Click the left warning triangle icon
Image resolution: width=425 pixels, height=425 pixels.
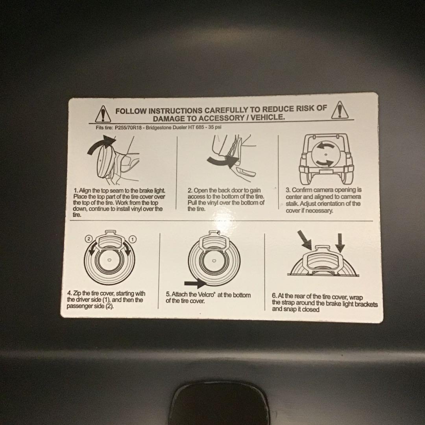[x=103, y=114]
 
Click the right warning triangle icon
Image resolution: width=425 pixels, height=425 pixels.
[x=340, y=110]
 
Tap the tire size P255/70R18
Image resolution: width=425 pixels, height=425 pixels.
[x=128, y=128]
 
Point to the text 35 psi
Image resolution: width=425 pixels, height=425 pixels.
[x=215, y=127]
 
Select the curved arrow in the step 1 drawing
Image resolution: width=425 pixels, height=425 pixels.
[x=101, y=144]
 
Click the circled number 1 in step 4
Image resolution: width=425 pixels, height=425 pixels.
[x=133, y=239]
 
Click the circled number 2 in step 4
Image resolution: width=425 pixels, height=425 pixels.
[x=89, y=238]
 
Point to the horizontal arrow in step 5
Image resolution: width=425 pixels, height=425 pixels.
[x=196, y=283]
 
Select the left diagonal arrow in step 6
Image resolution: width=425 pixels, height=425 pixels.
[x=305, y=240]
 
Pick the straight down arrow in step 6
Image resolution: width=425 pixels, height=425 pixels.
[x=340, y=243]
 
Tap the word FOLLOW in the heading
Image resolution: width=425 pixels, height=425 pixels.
[x=131, y=111]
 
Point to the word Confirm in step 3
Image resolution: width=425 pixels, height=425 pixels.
[x=302, y=190]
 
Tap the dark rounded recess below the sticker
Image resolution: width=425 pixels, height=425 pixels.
[x=220, y=403]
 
